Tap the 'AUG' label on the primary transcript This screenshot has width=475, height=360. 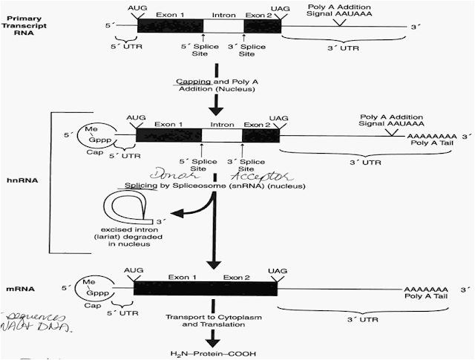point(138,6)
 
